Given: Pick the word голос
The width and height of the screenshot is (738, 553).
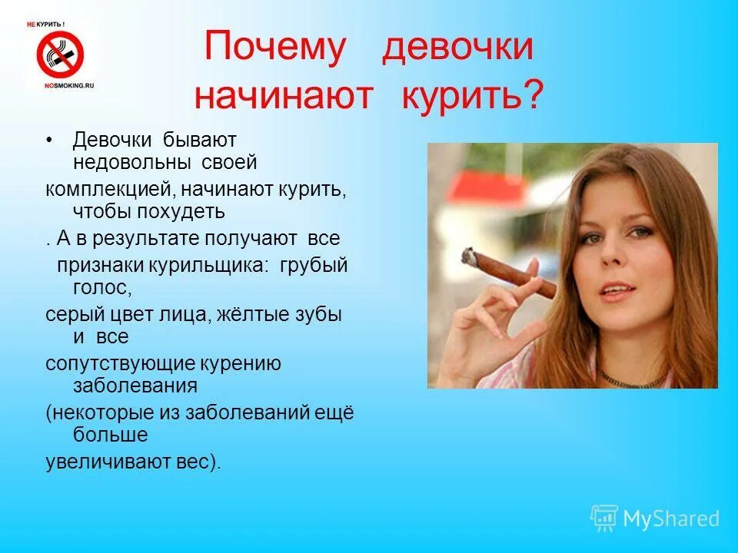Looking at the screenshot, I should [x=100, y=287].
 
